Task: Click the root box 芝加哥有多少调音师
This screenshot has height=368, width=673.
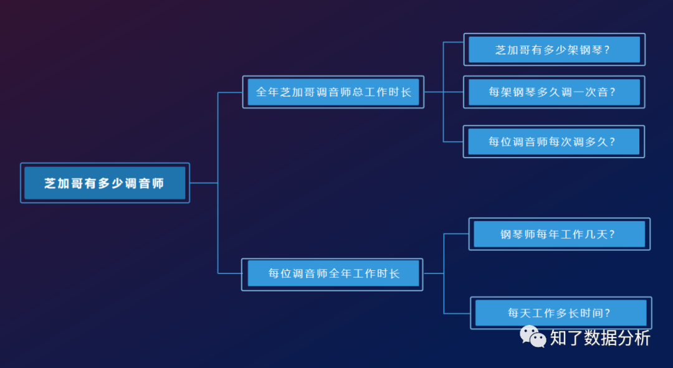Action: (x=105, y=183)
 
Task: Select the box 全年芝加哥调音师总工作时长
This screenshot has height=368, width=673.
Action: (x=333, y=92)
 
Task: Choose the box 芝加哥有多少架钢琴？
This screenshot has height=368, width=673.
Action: (x=554, y=50)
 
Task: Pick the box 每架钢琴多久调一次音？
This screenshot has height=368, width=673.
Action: (x=554, y=92)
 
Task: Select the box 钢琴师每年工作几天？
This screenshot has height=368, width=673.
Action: (x=559, y=234)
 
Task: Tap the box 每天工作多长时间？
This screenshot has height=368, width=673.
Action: (x=561, y=313)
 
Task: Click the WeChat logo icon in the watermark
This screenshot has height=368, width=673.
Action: (x=533, y=337)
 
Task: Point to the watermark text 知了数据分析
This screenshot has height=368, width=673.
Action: (x=600, y=338)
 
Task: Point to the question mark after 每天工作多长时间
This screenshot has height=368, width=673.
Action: (x=607, y=314)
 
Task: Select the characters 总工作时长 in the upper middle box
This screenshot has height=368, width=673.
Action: (x=383, y=92)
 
